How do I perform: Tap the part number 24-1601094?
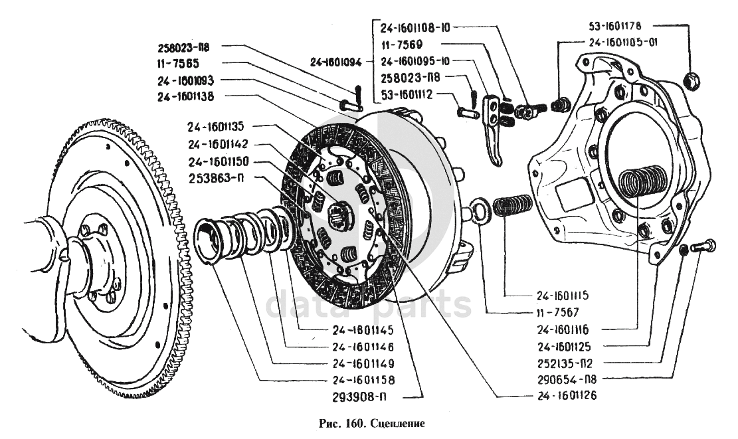(x=335, y=63)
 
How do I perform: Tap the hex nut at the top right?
(x=690, y=79)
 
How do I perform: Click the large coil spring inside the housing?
(x=640, y=183)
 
